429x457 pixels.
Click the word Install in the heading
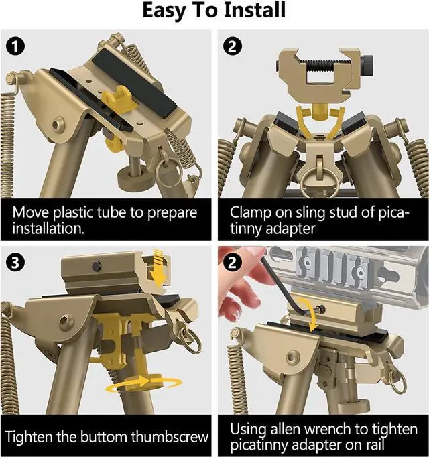pyautogui.click(x=255, y=10)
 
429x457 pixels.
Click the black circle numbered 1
pyautogui.click(x=15, y=47)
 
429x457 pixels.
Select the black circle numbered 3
pyautogui.click(x=15, y=263)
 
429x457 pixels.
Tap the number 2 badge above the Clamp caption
pyautogui.click(x=232, y=46)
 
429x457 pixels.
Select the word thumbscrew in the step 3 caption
pyautogui.click(x=170, y=436)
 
